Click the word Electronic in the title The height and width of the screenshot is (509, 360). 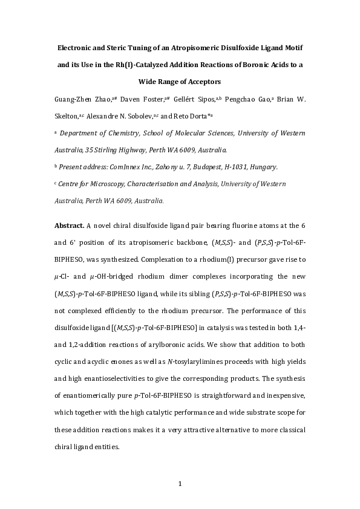[76, 47]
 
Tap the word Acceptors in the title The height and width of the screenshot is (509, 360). [202, 81]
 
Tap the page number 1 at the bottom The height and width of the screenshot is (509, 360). [180, 483]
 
